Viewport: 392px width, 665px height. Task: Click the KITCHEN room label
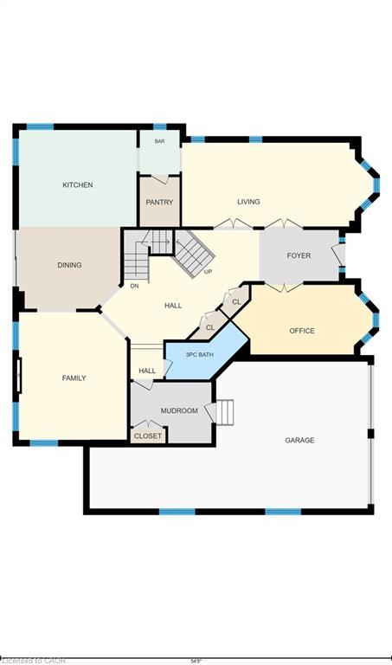pos(78,185)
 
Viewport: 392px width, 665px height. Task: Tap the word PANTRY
pos(159,203)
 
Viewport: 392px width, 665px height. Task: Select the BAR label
pos(159,141)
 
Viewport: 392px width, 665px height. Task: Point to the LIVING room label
pos(248,202)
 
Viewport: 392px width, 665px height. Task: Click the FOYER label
pos(299,255)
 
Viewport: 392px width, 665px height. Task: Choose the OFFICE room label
pos(302,331)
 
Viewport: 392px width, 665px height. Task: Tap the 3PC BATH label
pos(199,354)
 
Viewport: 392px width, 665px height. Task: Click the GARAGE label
pos(299,440)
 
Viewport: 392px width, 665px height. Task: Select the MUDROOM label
pos(179,410)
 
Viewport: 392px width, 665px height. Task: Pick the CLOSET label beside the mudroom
pos(148,436)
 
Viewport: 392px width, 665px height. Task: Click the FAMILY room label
pos(74,378)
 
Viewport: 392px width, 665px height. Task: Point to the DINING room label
pos(69,265)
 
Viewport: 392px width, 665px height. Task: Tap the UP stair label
pos(208,272)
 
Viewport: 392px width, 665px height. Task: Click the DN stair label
pos(134,287)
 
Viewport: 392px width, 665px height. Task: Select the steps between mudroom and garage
pos(226,411)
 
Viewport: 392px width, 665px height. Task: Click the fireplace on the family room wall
pos(19,376)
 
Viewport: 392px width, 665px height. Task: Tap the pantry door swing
pos(160,179)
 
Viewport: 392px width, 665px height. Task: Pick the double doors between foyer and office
pos(284,287)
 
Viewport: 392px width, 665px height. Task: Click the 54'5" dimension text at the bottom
pos(196,662)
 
